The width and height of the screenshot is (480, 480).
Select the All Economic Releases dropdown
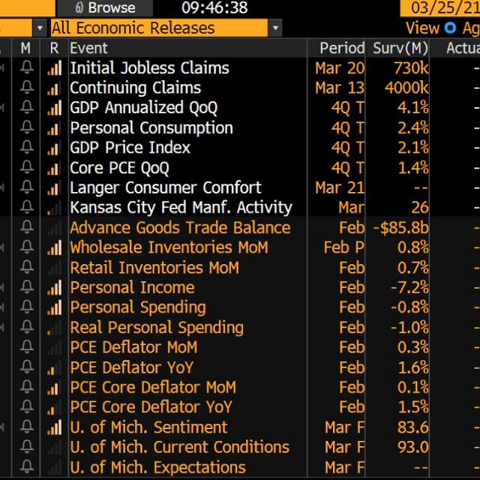click(165, 28)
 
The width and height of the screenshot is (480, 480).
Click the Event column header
click(88, 48)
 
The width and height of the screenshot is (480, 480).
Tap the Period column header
click(341, 48)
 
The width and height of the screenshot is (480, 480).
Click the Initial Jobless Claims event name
click(149, 67)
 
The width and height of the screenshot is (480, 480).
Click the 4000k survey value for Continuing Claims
click(406, 88)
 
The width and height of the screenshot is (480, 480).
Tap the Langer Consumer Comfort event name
click(165, 187)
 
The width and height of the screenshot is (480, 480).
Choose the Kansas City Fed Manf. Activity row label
click(181, 208)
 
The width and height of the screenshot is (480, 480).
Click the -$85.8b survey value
click(400, 228)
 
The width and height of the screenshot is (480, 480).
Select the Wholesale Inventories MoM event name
click(169, 247)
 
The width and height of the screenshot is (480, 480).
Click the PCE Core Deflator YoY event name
click(151, 407)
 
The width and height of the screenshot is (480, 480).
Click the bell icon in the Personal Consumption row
click(27, 127)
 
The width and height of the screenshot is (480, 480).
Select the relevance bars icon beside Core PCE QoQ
click(54, 168)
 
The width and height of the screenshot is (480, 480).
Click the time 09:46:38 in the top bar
click(214, 8)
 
